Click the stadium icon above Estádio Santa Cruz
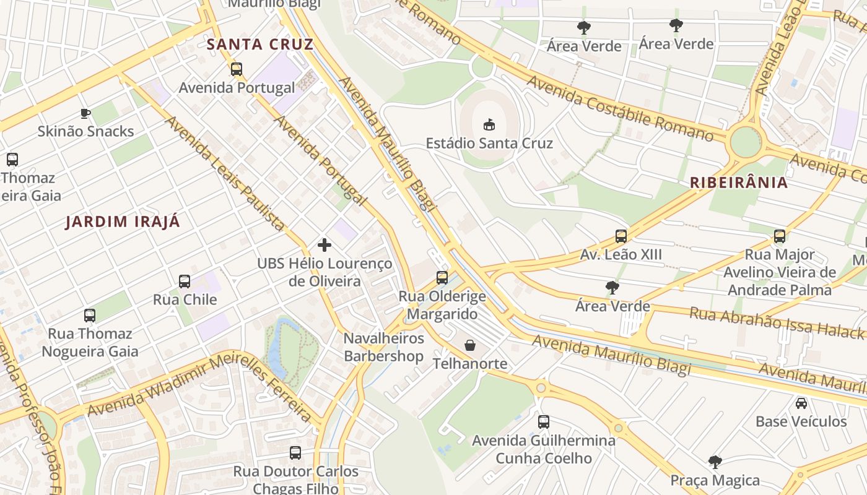[x=489, y=124]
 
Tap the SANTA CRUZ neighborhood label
[x=260, y=45]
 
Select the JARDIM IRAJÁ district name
[x=123, y=222]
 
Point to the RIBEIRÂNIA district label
[x=739, y=183]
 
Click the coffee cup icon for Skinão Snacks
[x=85, y=113]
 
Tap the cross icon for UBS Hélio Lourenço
[x=324, y=245]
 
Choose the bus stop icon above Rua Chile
[x=185, y=282]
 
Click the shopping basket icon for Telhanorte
[x=470, y=345]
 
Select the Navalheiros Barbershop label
[x=384, y=347]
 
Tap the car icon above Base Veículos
[x=801, y=403]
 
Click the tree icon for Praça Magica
[x=715, y=462]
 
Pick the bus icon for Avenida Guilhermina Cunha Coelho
[x=544, y=422]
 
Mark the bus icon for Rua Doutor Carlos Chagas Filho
[x=295, y=453]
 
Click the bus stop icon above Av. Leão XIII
[x=621, y=236]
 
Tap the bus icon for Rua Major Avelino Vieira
[x=780, y=236]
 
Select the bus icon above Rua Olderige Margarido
[x=442, y=278]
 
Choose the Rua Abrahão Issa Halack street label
[x=777, y=323]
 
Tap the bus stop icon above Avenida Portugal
[x=237, y=69]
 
